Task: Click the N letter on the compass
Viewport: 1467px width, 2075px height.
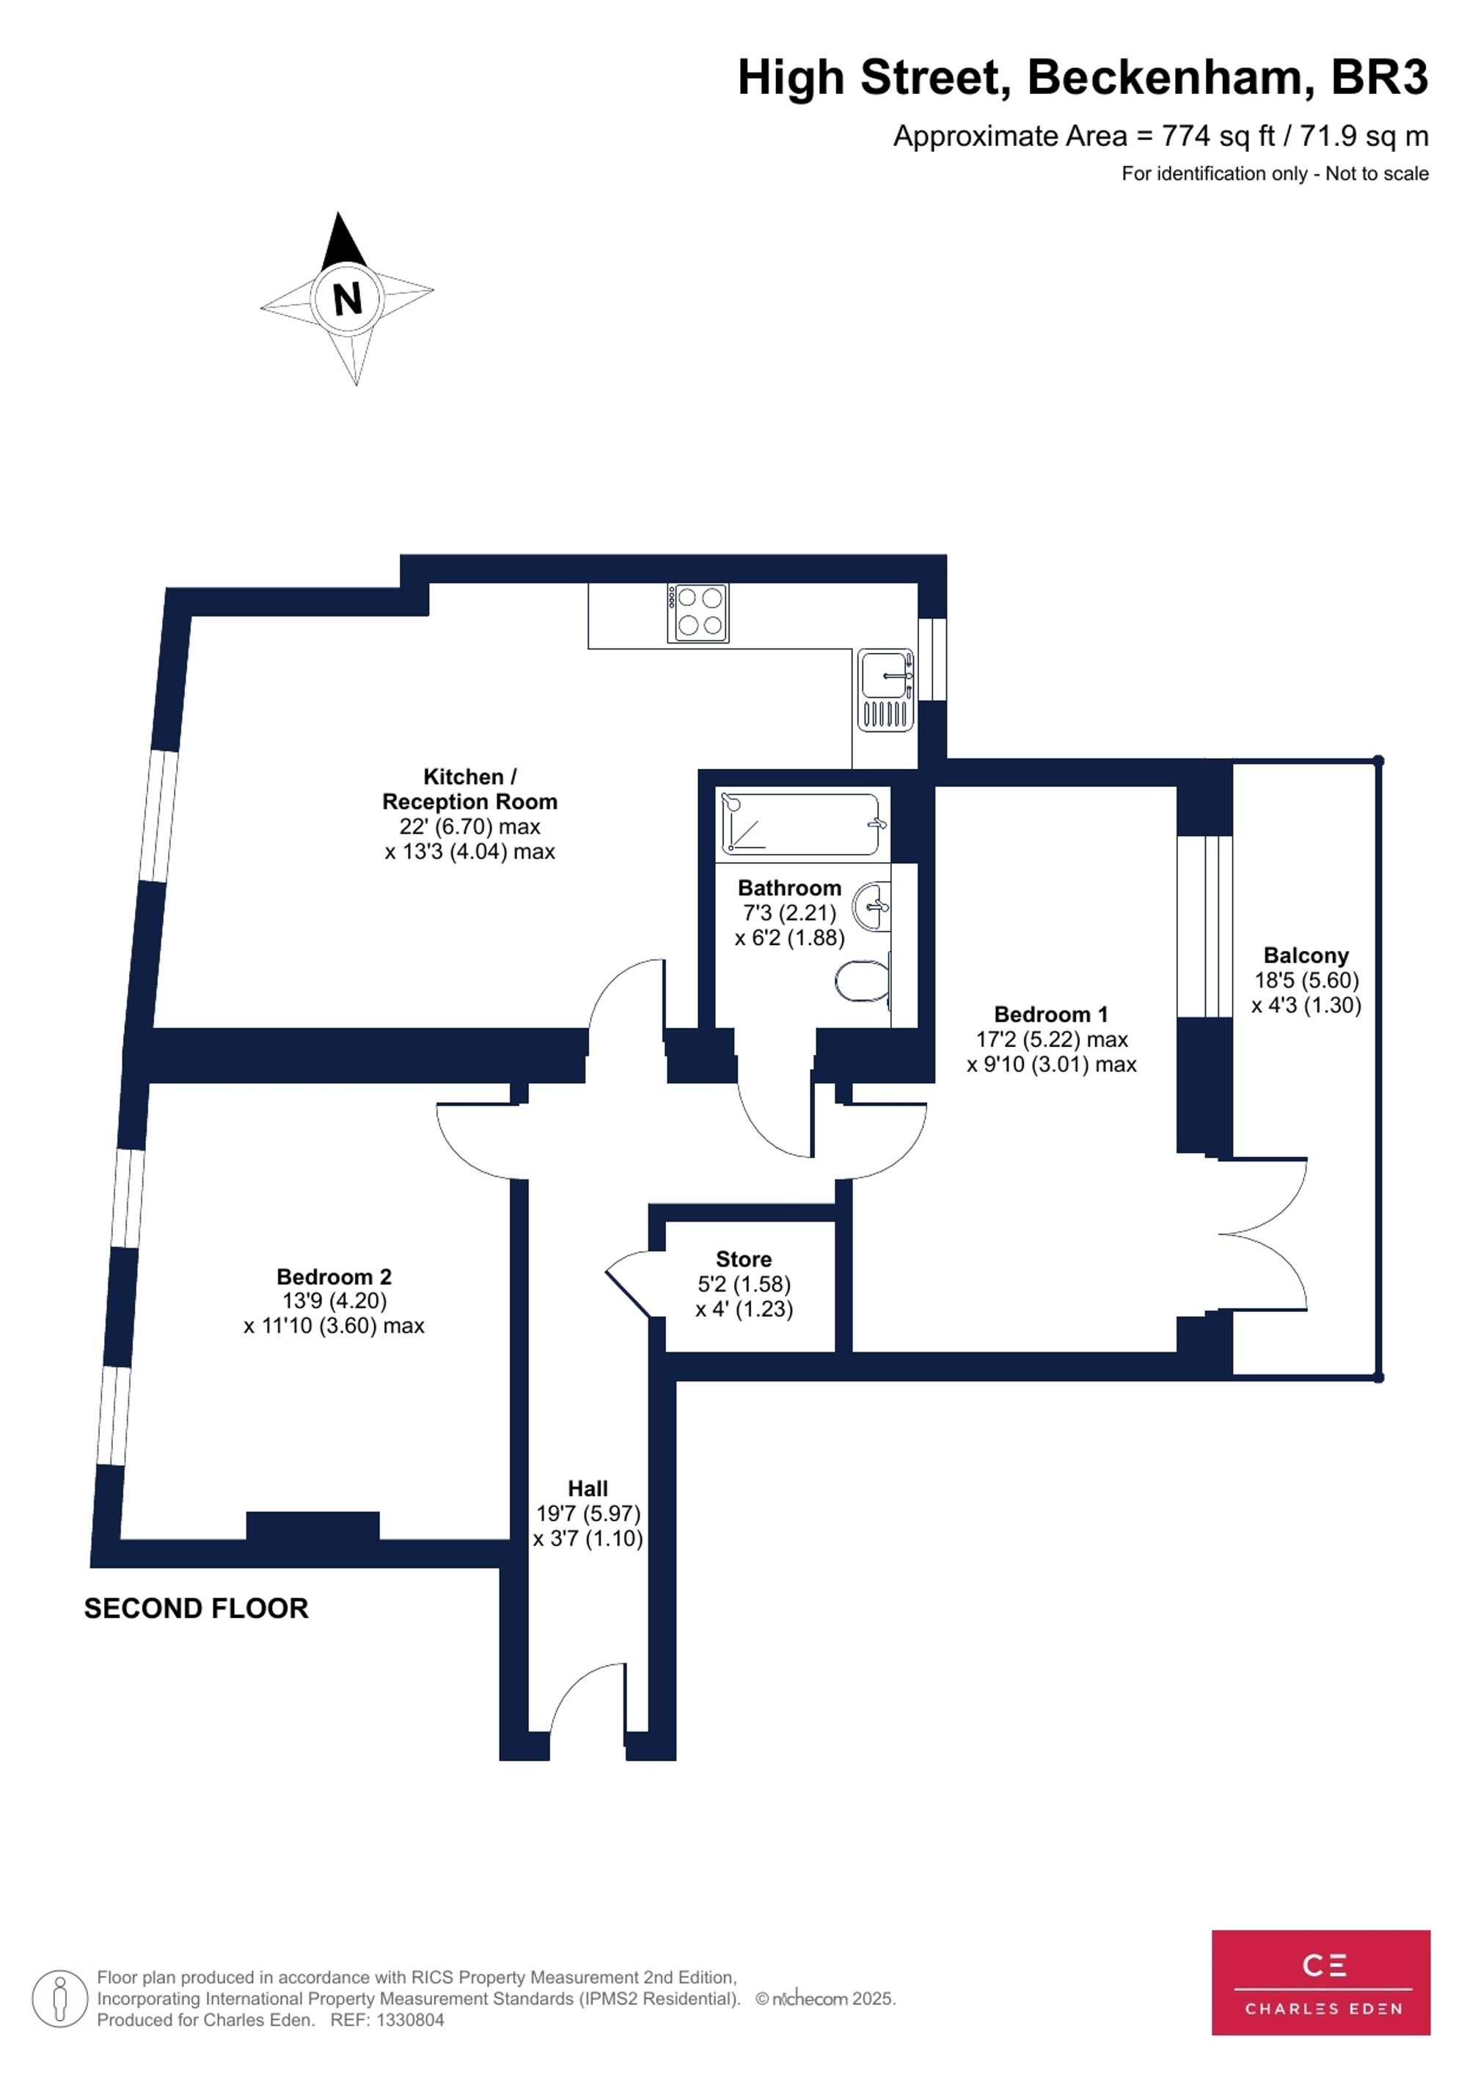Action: tap(347, 297)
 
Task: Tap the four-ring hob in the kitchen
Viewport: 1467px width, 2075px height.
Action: tap(698, 613)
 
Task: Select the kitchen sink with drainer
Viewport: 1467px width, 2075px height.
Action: tap(885, 690)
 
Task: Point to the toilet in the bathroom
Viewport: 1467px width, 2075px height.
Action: tap(863, 980)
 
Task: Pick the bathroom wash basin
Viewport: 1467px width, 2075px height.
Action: tap(873, 905)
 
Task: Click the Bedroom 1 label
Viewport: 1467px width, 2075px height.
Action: tap(1050, 1014)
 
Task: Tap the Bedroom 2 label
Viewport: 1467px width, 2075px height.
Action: tap(334, 1276)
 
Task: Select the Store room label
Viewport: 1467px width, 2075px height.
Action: tap(744, 1259)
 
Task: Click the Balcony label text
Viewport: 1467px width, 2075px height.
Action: tap(1306, 955)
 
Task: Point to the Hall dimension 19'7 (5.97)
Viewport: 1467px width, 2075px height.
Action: tap(588, 1513)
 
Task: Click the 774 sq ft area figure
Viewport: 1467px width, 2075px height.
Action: tap(1218, 136)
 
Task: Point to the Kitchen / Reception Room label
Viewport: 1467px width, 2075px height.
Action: tap(469, 789)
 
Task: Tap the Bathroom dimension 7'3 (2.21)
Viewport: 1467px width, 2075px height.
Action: tap(789, 913)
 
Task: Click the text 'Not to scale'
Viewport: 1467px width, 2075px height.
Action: tap(1377, 173)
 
